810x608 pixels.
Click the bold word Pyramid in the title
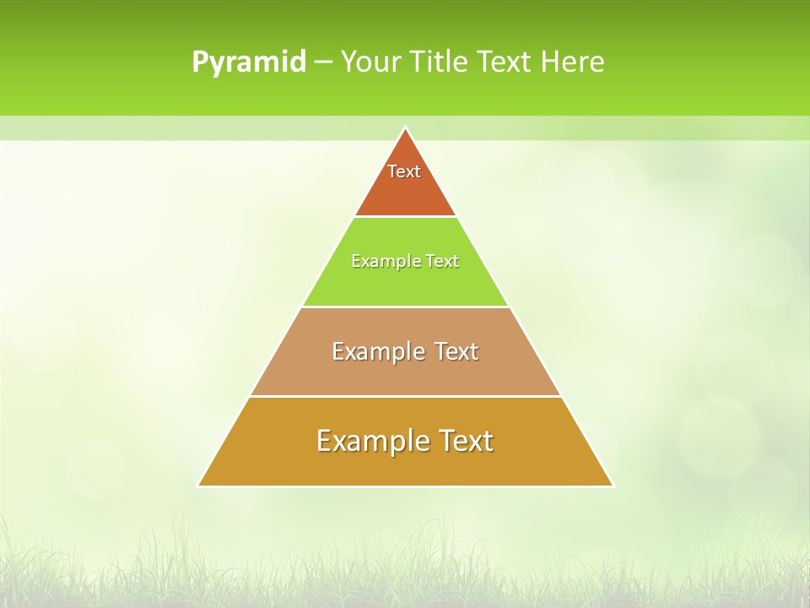[249, 62]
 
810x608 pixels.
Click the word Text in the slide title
[505, 62]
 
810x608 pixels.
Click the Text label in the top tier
[404, 171]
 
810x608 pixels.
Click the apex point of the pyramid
[406, 128]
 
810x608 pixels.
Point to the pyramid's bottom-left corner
[199, 486]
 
